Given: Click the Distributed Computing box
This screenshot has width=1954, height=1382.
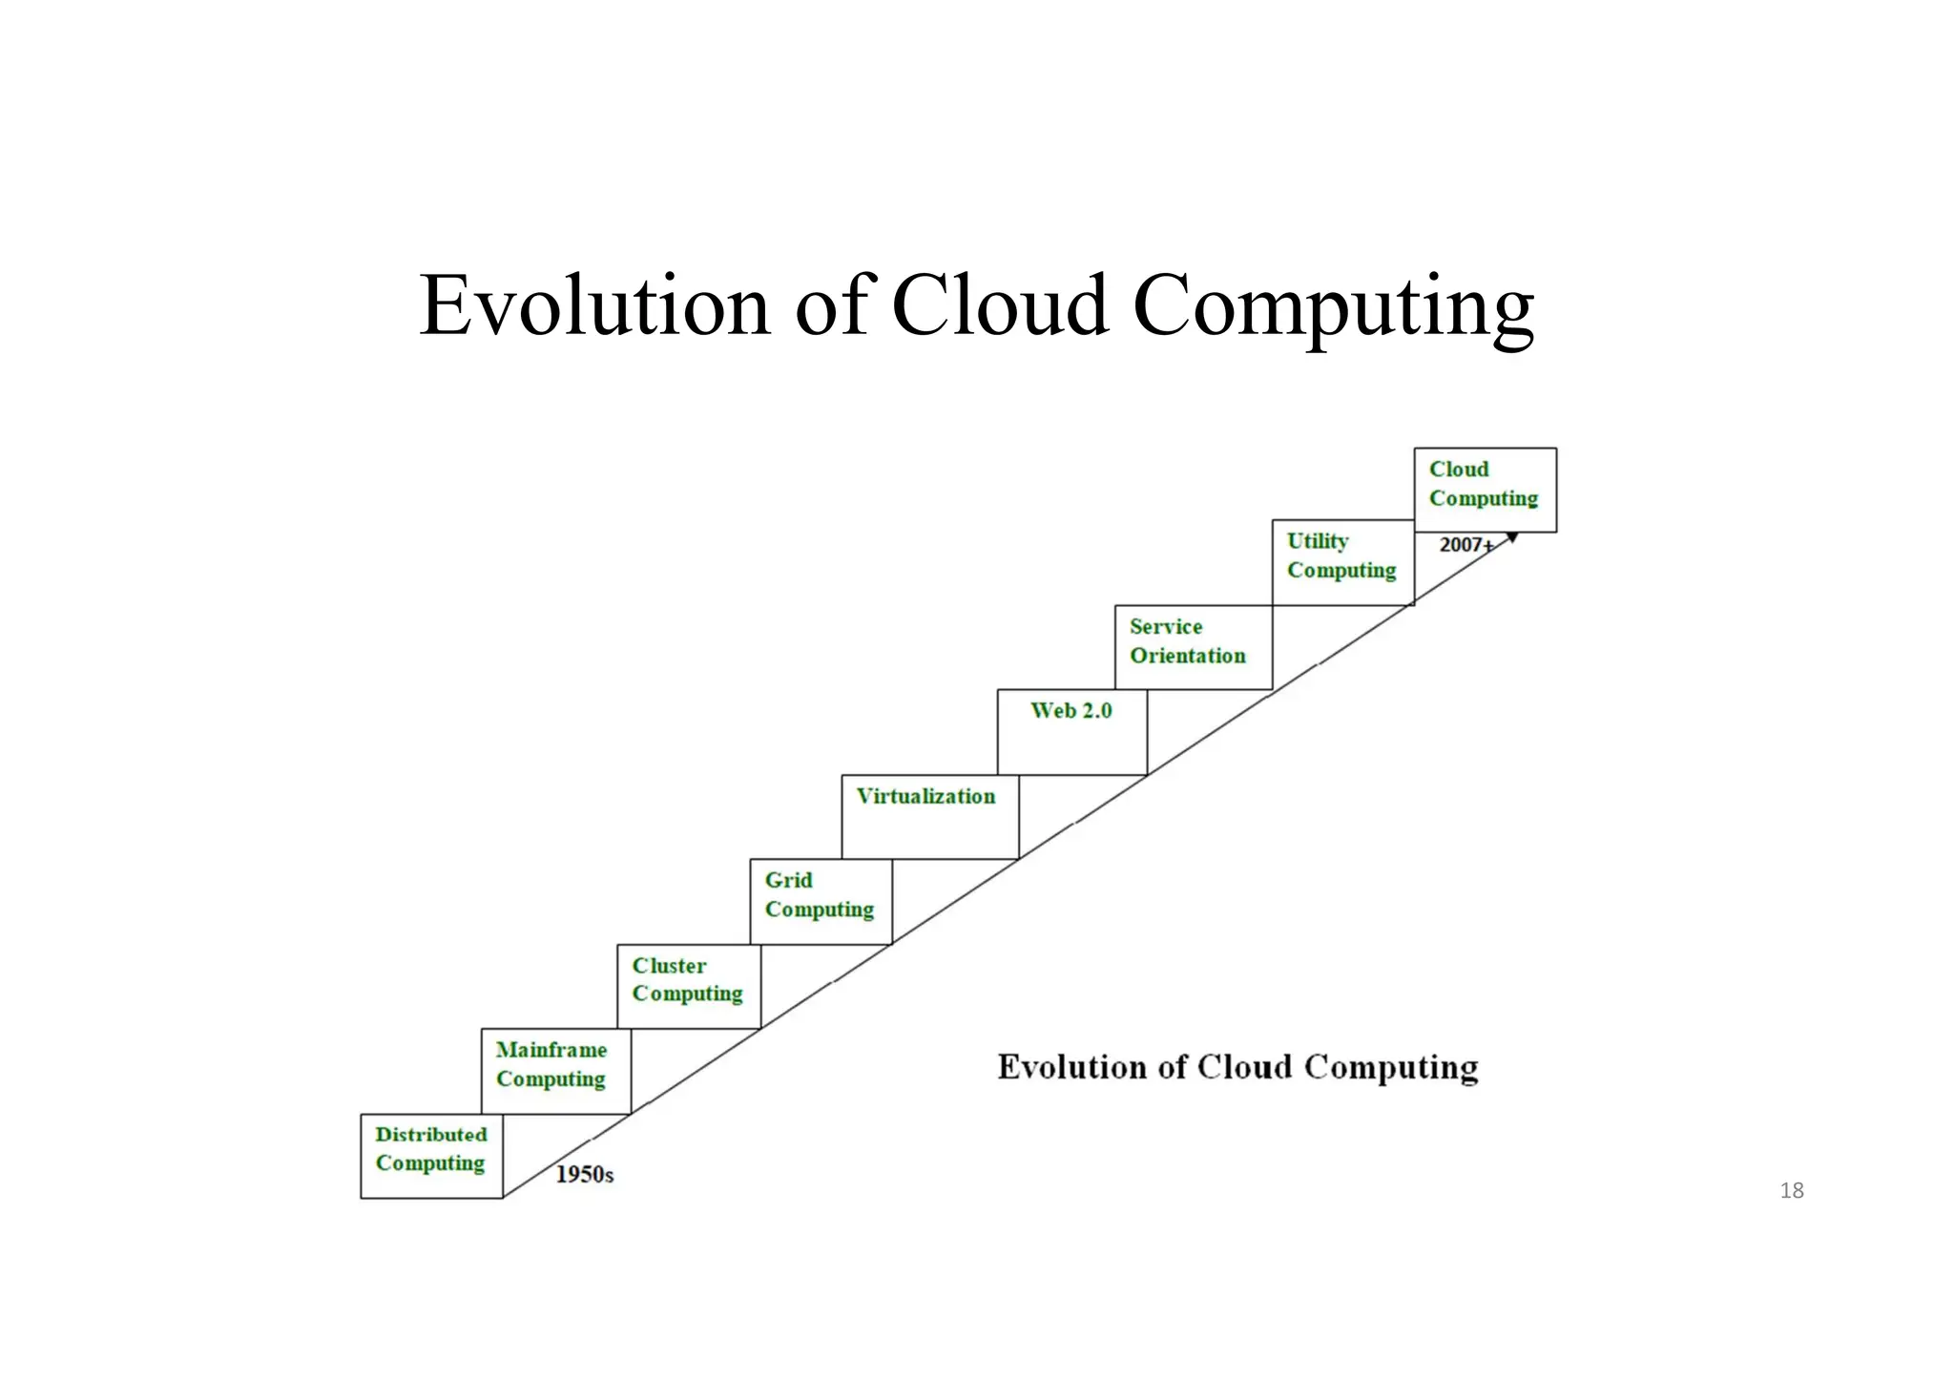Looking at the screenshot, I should coord(431,1156).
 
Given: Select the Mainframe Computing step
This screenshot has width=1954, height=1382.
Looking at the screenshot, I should coord(555,1071).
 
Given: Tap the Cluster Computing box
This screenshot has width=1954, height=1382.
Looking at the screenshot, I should coord(689,986).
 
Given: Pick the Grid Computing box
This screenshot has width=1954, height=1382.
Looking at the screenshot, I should coord(821,901).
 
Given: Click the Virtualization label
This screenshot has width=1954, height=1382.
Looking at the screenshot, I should coord(925,796).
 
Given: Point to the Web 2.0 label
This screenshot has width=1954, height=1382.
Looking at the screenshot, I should coord(1071,710).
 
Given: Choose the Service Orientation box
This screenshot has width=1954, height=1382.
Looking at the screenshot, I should coord(1193,647).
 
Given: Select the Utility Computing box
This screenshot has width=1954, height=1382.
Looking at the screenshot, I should coord(1342,562).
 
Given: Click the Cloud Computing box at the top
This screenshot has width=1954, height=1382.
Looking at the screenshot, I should coord(1485,490).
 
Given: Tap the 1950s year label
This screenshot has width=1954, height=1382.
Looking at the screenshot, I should coord(585,1174).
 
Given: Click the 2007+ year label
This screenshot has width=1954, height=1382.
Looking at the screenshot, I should coord(1465,545).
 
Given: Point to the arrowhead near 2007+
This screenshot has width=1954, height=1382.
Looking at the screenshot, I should coord(1511,538).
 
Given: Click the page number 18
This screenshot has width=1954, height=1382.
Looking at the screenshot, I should coord(1792,1190).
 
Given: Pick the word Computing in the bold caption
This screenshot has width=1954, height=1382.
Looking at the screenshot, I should coord(1391,1067).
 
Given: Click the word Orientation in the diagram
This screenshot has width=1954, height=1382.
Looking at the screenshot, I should coord(1188,656).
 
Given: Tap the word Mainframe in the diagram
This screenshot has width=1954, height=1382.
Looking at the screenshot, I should coord(551,1050).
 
